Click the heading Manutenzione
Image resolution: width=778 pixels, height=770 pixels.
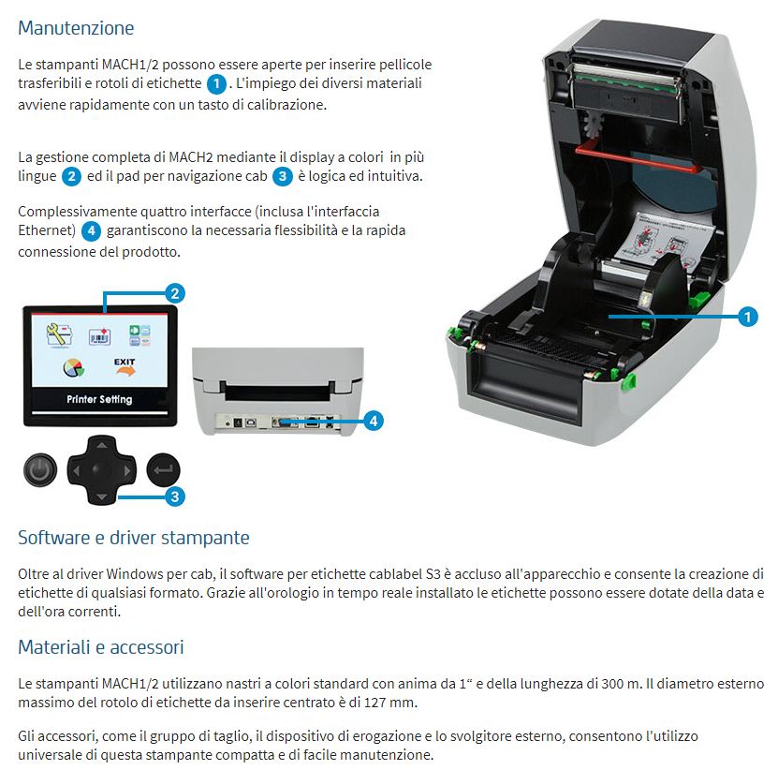pyautogui.click(x=76, y=28)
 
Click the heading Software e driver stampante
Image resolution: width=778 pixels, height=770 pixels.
pyautogui.click(x=134, y=538)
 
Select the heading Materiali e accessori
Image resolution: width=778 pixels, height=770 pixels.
pyautogui.click(x=101, y=647)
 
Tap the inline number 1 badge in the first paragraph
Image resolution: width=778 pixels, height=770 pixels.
pyautogui.click(x=216, y=84)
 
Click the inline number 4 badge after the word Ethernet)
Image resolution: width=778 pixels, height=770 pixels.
pyautogui.click(x=91, y=230)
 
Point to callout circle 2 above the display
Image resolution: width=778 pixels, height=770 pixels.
pyautogui.click(x=174, y=292)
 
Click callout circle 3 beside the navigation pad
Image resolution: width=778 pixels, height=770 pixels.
pyautogui.click(x=174, y=496)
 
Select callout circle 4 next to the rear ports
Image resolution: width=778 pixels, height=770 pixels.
pyautogui.click(x=372, y=422)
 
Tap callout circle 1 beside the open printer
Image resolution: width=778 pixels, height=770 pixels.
pyautogui.click(x=747, y=317)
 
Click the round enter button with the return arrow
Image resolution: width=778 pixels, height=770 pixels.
pyautogui.click(x=163, y=470)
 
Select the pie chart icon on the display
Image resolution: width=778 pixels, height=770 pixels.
pyautogui.click(x=73, y=367)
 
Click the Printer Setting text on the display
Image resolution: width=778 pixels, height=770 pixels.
pyautogui.click(x=99, y=399)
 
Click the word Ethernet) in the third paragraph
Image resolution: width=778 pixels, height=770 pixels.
pyautogui.click(x=46, y=230)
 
